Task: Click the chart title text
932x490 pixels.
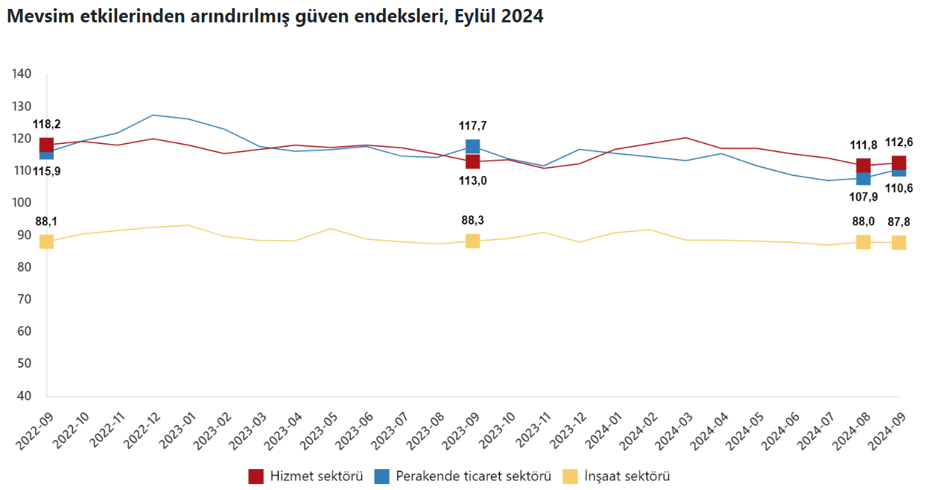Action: pos(275,16)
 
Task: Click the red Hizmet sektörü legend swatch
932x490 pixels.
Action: pos(256,476)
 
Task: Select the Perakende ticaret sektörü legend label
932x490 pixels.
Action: pos(473,476)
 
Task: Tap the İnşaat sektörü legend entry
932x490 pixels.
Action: pos(627,476)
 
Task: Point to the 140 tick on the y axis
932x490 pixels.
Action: pos(22,74)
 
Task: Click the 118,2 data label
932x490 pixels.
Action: pos(46,125)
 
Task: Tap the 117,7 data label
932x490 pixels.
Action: pos(472,126)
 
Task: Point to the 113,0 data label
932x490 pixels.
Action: pos(472,180)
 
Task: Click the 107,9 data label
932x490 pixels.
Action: pos(863,198)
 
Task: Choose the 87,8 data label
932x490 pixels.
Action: pos(898,221)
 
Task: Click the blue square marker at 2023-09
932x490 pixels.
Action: pos(472,146)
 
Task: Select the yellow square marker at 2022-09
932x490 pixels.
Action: pos(46,242)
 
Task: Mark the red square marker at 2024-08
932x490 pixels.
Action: pos(863,165)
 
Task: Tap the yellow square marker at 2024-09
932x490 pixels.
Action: pos(898,242)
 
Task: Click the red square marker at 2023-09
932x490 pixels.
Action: pos(472,161)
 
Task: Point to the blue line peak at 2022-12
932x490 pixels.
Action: pos(153,115)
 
